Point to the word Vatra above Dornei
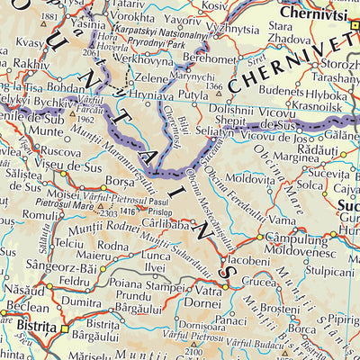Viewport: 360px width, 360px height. (208, 291)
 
